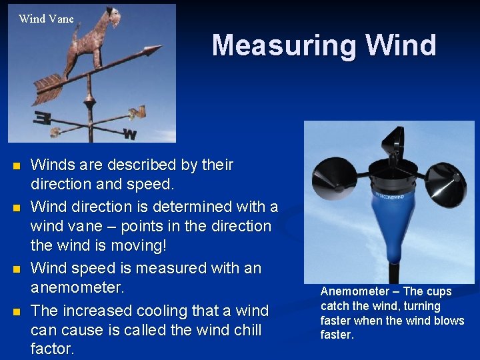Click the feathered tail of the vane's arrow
(x=48, y=83)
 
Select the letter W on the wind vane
(x=130, y=135)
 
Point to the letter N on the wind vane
(x=137, y=112)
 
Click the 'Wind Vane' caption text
(x=46, y=19)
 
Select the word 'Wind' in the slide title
(x=401, y=45)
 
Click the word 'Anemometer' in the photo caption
(x=354, y=291)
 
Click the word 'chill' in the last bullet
(x=241, y=330)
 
